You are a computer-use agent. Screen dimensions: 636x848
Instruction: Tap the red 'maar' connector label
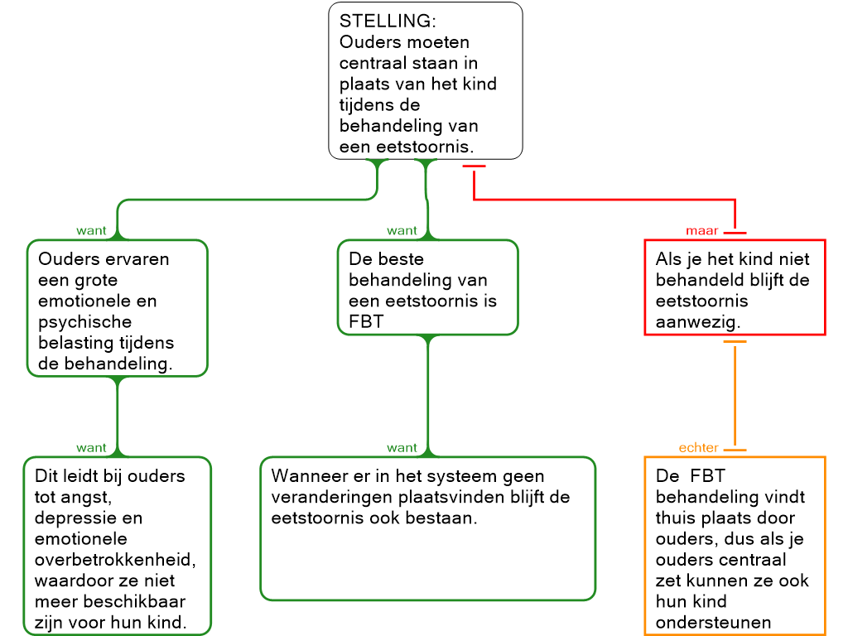[x=702, y=231]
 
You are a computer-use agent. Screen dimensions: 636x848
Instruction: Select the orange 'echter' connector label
[x=699, y=448]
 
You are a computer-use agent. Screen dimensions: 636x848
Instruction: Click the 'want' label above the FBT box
[x=402, y=231]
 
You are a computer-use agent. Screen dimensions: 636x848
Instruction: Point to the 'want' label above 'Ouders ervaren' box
[x=92, y=231]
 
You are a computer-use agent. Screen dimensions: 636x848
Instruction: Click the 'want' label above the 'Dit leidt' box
[x=92, y=448]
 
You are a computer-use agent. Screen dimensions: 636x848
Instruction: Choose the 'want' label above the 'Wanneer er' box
[x=402, y=448]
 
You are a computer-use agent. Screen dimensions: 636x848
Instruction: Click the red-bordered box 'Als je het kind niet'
[x=735, y=287]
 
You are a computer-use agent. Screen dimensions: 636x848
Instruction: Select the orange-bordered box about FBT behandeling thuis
[x=735, y=545]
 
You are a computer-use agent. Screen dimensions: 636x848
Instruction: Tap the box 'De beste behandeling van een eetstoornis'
[x=427, y=287]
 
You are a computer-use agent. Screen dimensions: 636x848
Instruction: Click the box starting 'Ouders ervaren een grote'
[x=117, y=308]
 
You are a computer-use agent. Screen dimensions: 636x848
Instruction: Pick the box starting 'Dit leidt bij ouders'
[x=117, y=545]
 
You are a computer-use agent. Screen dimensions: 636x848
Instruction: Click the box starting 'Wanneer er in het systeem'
[x=427, y=528]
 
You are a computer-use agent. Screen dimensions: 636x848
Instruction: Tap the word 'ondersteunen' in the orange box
[x=713, y=623]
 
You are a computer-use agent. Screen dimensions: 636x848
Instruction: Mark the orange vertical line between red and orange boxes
[x=735, y=396]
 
